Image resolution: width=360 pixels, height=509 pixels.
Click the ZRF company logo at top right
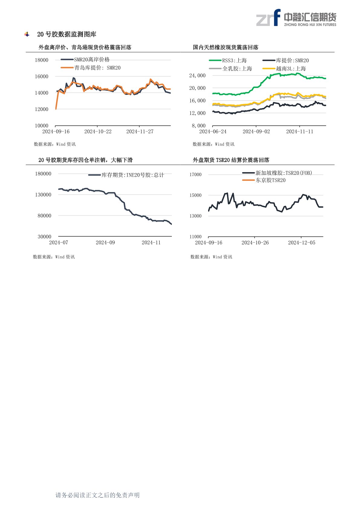tap(296, 18)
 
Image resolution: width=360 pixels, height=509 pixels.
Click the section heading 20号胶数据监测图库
tap(67, 34)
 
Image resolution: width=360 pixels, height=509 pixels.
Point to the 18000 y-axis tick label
tap(41, 60)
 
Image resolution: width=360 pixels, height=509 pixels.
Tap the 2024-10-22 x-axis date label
tap(98, 132)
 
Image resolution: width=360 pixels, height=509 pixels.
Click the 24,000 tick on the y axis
tap(197, 76)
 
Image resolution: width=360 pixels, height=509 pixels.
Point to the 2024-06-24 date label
tap(213, 132)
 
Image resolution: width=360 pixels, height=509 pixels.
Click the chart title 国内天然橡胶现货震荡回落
tap(226, 47)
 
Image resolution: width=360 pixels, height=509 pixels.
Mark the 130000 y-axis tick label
tap(43, 195)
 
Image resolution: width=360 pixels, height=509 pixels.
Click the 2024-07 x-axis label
tap(59, 243)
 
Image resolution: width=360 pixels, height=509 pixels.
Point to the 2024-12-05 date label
tap(302, 243)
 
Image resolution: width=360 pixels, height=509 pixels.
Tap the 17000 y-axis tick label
tap(195, 175)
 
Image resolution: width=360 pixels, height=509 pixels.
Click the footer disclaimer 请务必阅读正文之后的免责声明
tap(97, 495)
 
